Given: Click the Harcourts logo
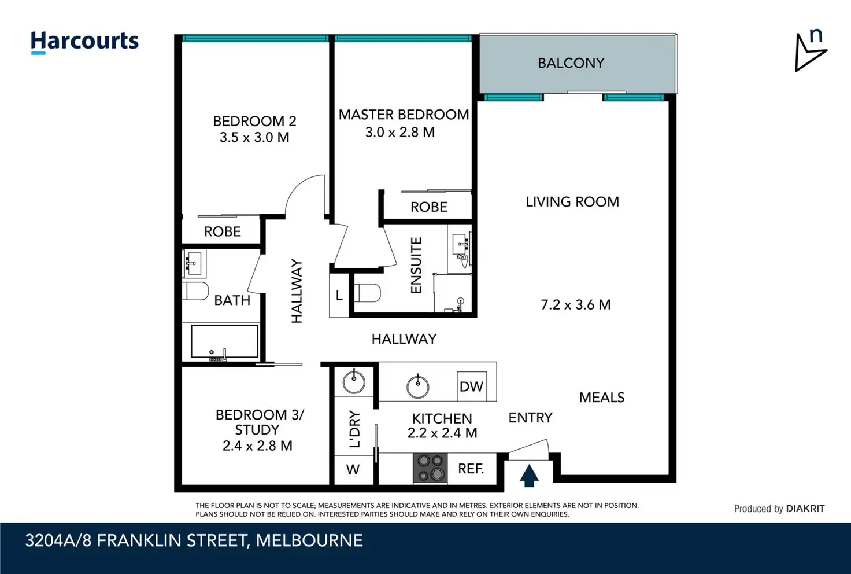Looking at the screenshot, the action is (x=84, y=42).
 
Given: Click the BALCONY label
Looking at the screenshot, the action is (x=571, y=63).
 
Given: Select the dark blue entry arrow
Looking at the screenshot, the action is (x=529, y=476).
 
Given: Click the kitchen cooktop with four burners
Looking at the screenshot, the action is (x=430, y=468).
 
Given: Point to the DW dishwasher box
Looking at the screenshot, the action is (x=472, y=386).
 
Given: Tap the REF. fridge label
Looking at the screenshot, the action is (x=471, y=469).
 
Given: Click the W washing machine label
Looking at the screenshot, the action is (x=353, y=469).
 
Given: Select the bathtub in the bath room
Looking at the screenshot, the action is (x=224, y=341).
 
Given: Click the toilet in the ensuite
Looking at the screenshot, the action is (x=367, y=293).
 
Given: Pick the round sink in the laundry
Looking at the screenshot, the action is (x=354, y=381).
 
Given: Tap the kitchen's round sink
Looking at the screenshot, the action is (x=417, y=386).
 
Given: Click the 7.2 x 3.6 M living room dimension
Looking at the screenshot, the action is (x=576, y=304).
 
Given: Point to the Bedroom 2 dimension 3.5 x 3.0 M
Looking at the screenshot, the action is (x=254, y=137).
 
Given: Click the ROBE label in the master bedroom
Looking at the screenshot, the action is (x=429, y=207).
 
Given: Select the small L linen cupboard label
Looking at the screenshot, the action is (x=339, y=295).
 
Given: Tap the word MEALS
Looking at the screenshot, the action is (x=602, y=398).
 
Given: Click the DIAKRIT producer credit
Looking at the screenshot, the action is (x=805, y=509).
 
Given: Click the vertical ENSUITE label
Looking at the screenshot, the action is (x=416, y=266).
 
